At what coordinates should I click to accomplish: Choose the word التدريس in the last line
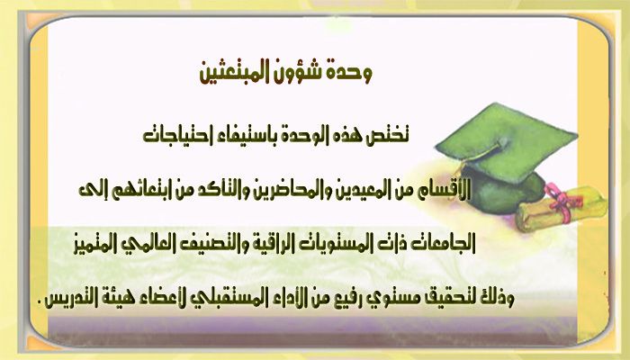(67, 299)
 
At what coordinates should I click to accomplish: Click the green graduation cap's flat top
(507, 140)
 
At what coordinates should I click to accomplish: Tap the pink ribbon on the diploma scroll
(562, 202)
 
